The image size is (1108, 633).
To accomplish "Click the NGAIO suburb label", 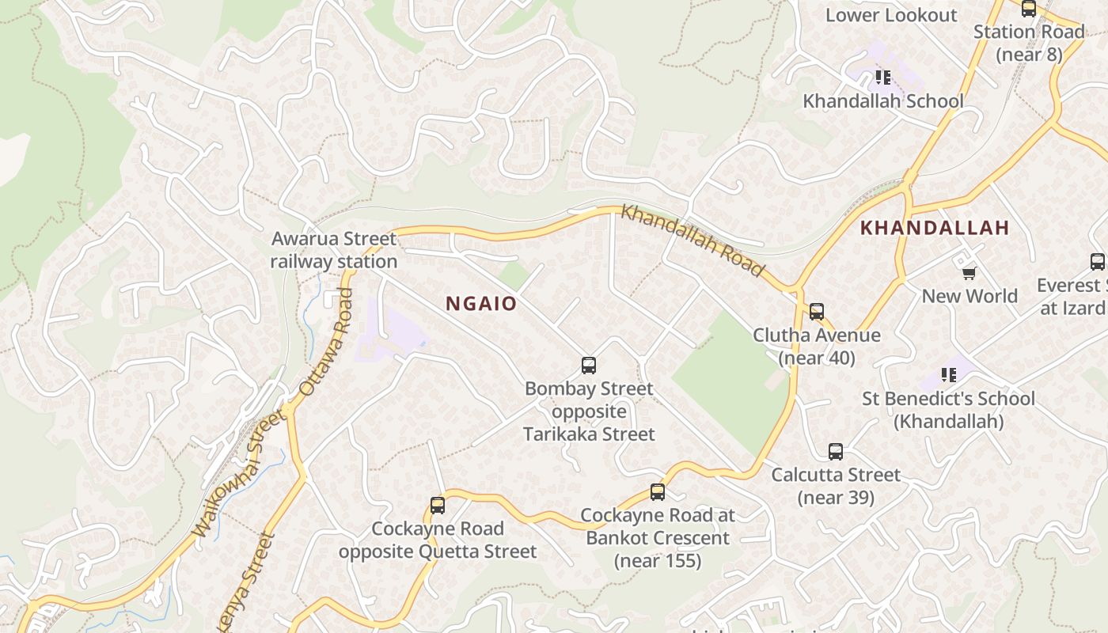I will coord(481,304).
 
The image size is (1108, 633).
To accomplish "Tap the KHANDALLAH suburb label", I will coord(935,228).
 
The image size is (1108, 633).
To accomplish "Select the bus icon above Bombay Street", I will coord(589,366).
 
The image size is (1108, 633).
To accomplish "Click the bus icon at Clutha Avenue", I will coord(817,312).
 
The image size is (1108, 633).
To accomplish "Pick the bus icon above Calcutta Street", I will coord(836,452).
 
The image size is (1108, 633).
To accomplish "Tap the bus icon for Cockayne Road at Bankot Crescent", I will coord(658,492).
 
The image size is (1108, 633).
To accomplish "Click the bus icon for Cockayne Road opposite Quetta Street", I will coord(438,506).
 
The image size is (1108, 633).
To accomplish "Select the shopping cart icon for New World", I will coord(969,274).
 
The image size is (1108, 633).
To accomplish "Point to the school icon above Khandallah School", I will coord(883,78).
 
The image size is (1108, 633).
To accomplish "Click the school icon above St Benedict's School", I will coord(948,374).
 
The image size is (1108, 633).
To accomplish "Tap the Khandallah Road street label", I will coord(692,241).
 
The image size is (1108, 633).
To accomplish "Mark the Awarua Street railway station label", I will coord(334,250).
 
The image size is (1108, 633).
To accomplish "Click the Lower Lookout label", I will coord(891,15).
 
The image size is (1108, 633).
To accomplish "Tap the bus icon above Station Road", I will coord(1029,9).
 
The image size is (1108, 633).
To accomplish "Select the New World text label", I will coord(970,296).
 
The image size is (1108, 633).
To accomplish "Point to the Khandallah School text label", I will coord(883,101).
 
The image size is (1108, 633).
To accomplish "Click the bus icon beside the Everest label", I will coord(1098,262).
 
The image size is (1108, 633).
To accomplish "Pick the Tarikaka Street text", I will coord(589,434).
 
